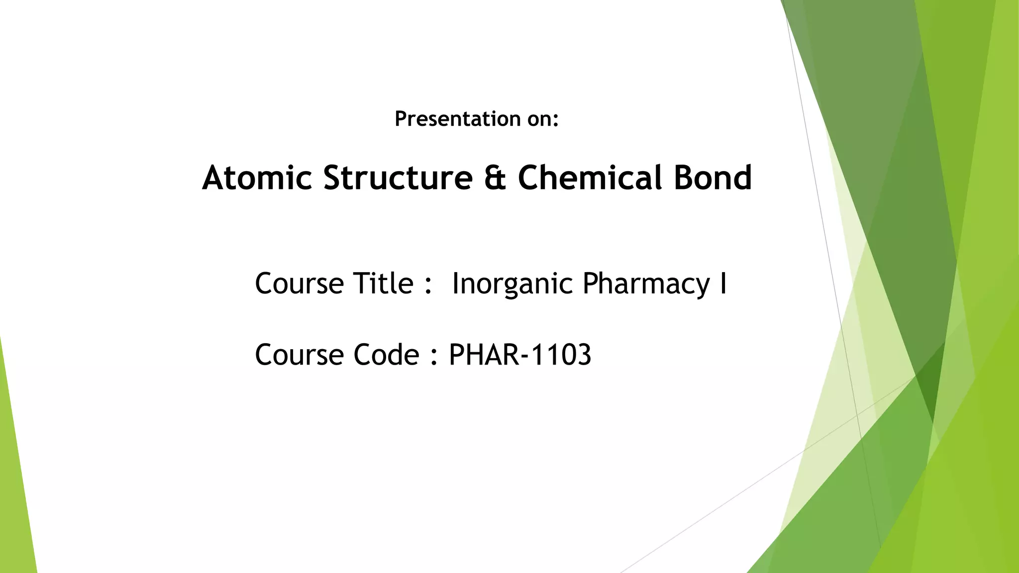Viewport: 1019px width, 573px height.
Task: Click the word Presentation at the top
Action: click(458, 119)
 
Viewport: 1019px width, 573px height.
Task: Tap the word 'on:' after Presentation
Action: click(543, 119)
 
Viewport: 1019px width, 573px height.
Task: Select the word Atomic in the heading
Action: click(257, 178)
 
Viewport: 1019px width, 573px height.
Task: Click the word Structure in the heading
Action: click(398, 178)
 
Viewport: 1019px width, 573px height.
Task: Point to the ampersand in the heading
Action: click(495, 178)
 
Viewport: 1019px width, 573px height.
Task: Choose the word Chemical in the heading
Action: click(590, 178)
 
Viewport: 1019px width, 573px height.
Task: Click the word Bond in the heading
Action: click(713, 178)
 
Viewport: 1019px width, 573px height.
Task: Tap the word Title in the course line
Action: click(383, 284)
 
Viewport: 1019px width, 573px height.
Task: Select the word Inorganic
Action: click(512, 285)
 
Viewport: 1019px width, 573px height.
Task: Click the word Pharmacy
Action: click(646, 285)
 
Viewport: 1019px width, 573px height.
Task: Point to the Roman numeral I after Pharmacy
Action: click(723, 284)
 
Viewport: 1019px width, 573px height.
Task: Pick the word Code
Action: click(387, 355)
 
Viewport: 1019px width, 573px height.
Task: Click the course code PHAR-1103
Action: click(520, 355)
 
